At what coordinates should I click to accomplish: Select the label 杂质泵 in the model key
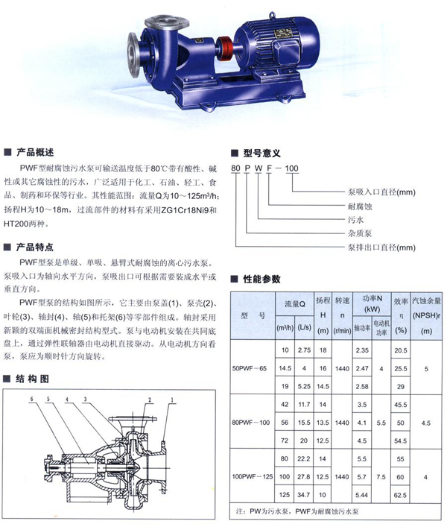point(319,233)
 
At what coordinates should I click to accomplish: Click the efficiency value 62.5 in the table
point(401,493)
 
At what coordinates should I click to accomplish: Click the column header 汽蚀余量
point(427,300)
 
